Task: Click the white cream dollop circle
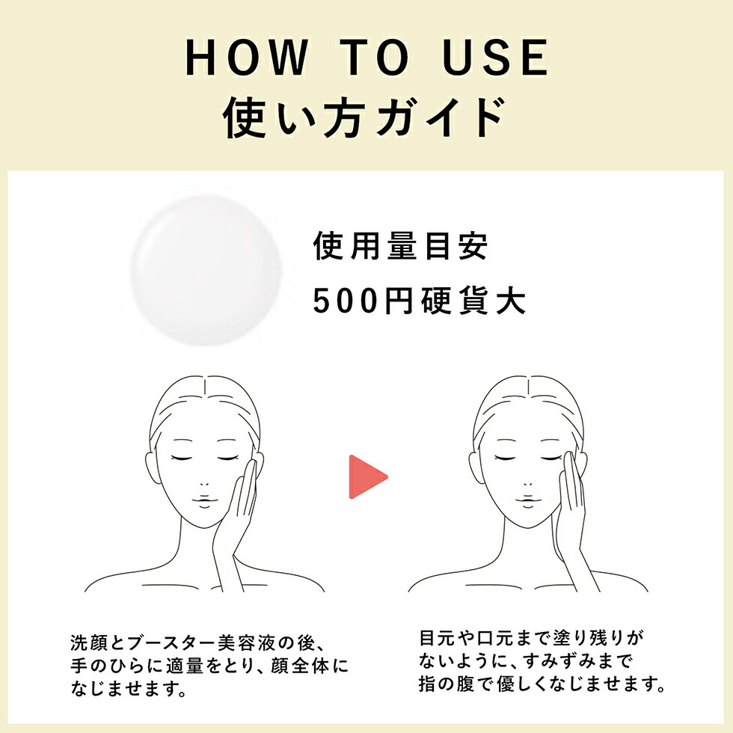pos(206,270)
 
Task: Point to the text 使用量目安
pos(400,247)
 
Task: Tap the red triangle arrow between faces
pos(367,476)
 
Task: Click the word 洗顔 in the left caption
pos(87,642)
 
